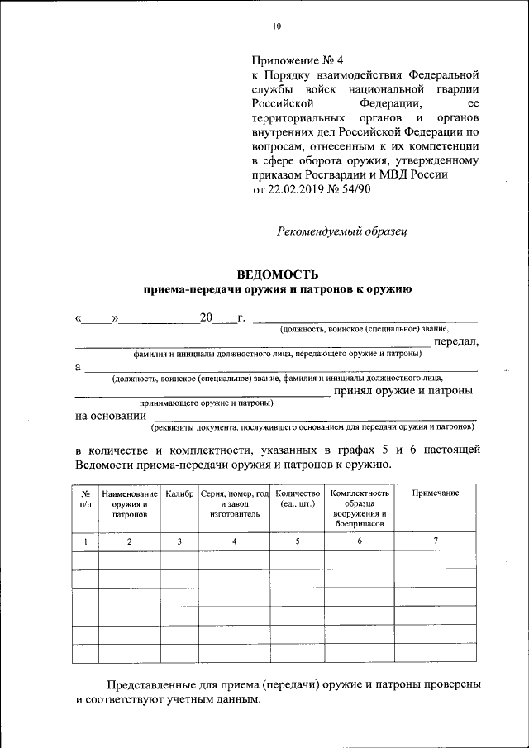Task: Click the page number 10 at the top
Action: pyautogui.click(x=277, y=26)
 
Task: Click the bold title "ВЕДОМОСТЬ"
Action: pyautogui.click(x=277, y=274)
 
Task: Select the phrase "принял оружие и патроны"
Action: pyautogui.click(x=403, y=390)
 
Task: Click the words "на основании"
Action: pyautogui.click(x=105, y=416)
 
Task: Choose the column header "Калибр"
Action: pyautogui.click(x=179, y=493)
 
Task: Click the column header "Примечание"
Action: pyautogui.click(x=436, y=493)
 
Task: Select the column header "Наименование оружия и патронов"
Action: pyautogui.click(x=130, y=503)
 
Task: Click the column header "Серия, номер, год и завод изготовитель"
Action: pyautogui.click(x=235, y=503)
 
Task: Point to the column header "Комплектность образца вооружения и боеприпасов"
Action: pyautogui.click(x=360, y=508)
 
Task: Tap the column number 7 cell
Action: pyautogui.click(x=436, y=541)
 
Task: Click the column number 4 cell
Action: pyautogui.click(x=235, y=541)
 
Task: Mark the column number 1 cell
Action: pyautogui.click(x=85, y=541)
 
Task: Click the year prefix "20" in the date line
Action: pyautogui.click(x=206, y=317)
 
